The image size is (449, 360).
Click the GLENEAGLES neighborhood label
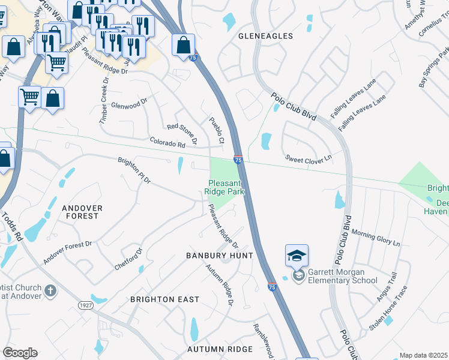pyautogui.click(x=266, y=36)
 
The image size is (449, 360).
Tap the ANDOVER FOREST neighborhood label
pyautogui.click(x=82, y=212)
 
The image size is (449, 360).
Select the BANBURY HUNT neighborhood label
pyautogui.click(x=219, y=256)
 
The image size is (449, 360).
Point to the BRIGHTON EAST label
pyautogui.click(x=165, y=299)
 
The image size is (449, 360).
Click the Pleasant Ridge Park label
pyautogui.click(x=227, y=187)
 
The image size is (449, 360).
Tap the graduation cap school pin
pyautogui.click(x=297, y=256)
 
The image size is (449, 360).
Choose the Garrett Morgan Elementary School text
pyautogui.click(x=342, y=276)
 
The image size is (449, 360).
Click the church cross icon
pyautogui.click(x=51, y=291)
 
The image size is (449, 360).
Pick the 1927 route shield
pyautogui.click(x=86, y=305)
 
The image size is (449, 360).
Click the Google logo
pyautogui.click(x=20, y=353)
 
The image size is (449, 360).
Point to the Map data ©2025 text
pyautogui.click(x=423, y=355)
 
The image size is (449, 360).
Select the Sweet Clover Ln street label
pyautogui.click(x=309, y=158)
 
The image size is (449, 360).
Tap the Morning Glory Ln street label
pyautogui.click(x=376, y=237)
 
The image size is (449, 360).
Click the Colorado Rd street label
pyautogui.click(x=167, y=143)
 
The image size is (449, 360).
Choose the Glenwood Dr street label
pyautogui.click(x=129, y=104)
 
